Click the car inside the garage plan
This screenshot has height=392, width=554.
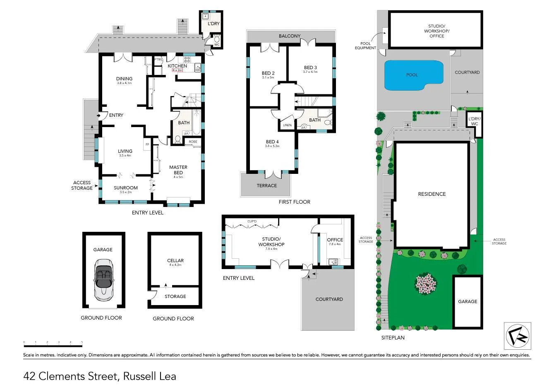103,279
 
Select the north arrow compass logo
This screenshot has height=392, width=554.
518,336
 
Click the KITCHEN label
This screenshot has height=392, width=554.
177,66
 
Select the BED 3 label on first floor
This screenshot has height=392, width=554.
310,67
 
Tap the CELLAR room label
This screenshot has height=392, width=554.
175,260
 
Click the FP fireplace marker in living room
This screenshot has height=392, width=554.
147,144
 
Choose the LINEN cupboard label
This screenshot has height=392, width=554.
287,125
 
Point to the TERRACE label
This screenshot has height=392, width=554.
266,185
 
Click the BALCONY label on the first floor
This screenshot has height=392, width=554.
290,36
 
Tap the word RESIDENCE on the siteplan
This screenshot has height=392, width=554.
432,194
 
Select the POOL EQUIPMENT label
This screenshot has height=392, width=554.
365,46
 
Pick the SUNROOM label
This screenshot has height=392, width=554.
126,188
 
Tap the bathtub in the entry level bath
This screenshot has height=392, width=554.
196,123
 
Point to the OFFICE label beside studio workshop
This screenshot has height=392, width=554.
335,240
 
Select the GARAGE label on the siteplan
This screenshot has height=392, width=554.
467,301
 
